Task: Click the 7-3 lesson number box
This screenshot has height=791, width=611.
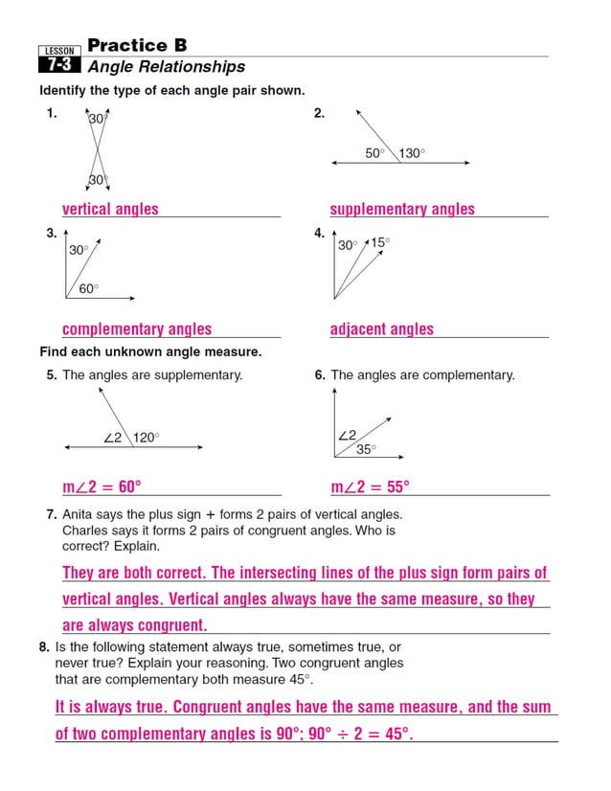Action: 54,66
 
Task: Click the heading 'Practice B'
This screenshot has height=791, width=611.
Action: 137,45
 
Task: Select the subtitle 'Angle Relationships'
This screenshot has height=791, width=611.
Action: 166,67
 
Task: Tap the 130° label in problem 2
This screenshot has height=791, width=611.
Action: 412,153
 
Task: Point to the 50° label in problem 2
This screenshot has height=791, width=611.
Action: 374,153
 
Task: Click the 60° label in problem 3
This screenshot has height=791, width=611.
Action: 88,288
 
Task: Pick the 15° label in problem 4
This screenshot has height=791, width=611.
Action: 380,243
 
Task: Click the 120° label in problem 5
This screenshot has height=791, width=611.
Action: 146,438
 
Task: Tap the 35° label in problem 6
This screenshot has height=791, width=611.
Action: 367,449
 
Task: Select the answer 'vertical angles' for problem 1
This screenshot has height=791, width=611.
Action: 110,209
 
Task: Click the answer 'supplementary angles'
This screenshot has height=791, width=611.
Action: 402,209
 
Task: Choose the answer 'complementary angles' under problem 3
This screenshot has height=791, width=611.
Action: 137,329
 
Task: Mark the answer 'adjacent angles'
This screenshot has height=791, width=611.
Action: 381,329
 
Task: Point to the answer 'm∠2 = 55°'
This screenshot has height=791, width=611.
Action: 370,487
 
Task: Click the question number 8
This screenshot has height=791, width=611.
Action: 44,647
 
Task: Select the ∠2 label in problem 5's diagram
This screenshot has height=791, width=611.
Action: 113,438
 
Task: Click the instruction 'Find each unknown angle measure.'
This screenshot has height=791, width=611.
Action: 150,352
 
